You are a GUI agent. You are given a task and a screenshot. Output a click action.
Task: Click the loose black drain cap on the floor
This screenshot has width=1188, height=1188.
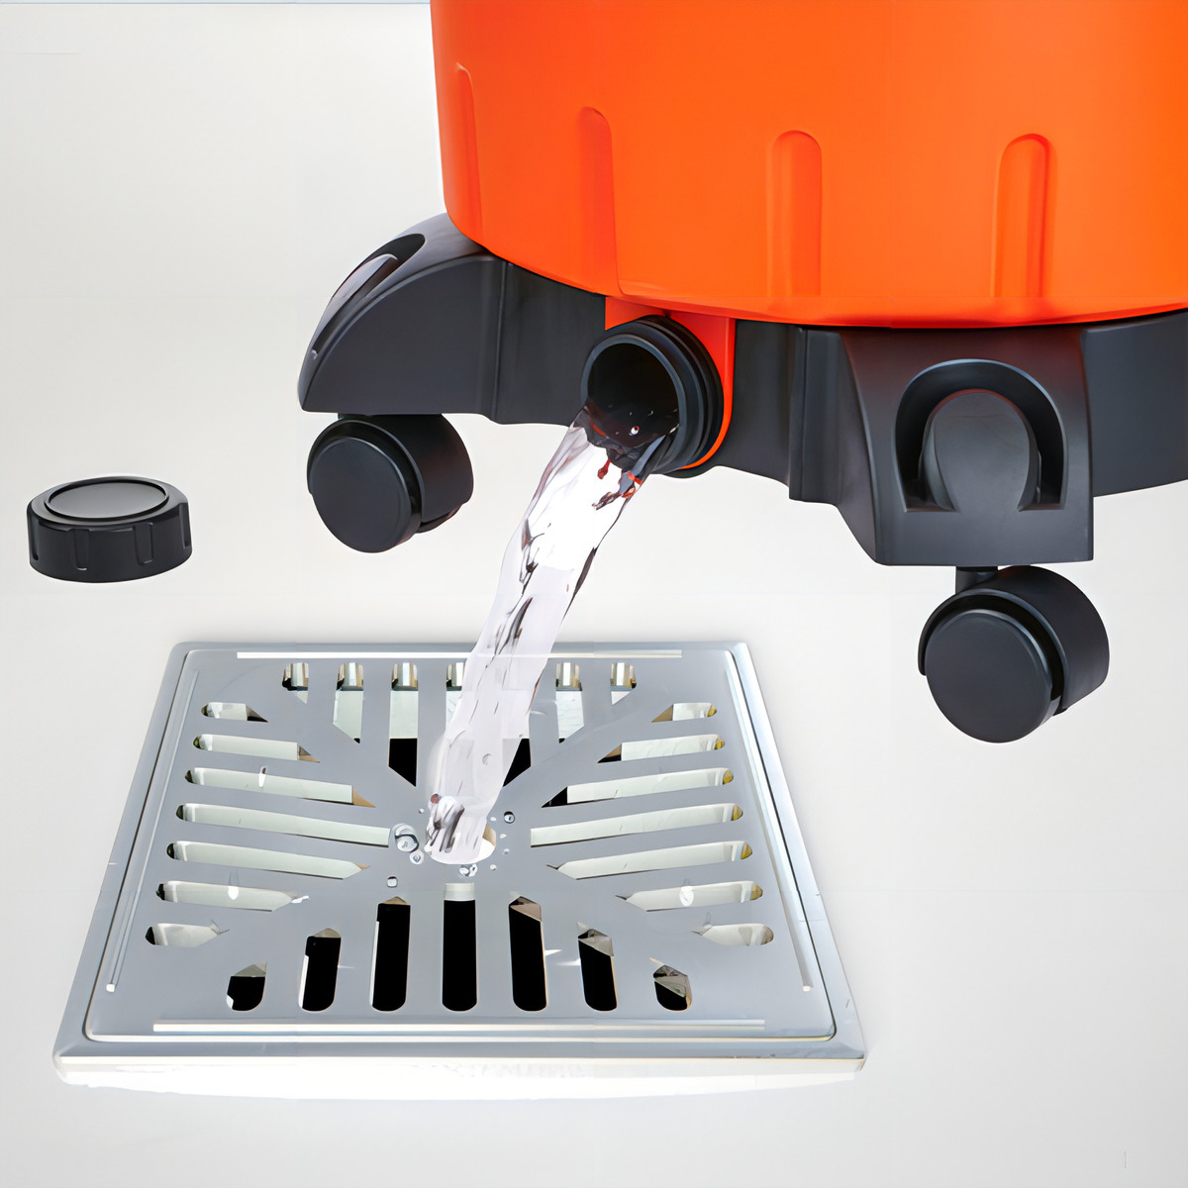[109, 527]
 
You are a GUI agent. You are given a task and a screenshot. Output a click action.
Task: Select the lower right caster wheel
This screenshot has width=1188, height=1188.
[1012, 653]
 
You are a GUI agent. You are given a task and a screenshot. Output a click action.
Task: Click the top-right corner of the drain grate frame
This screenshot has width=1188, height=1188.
[741, 648]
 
